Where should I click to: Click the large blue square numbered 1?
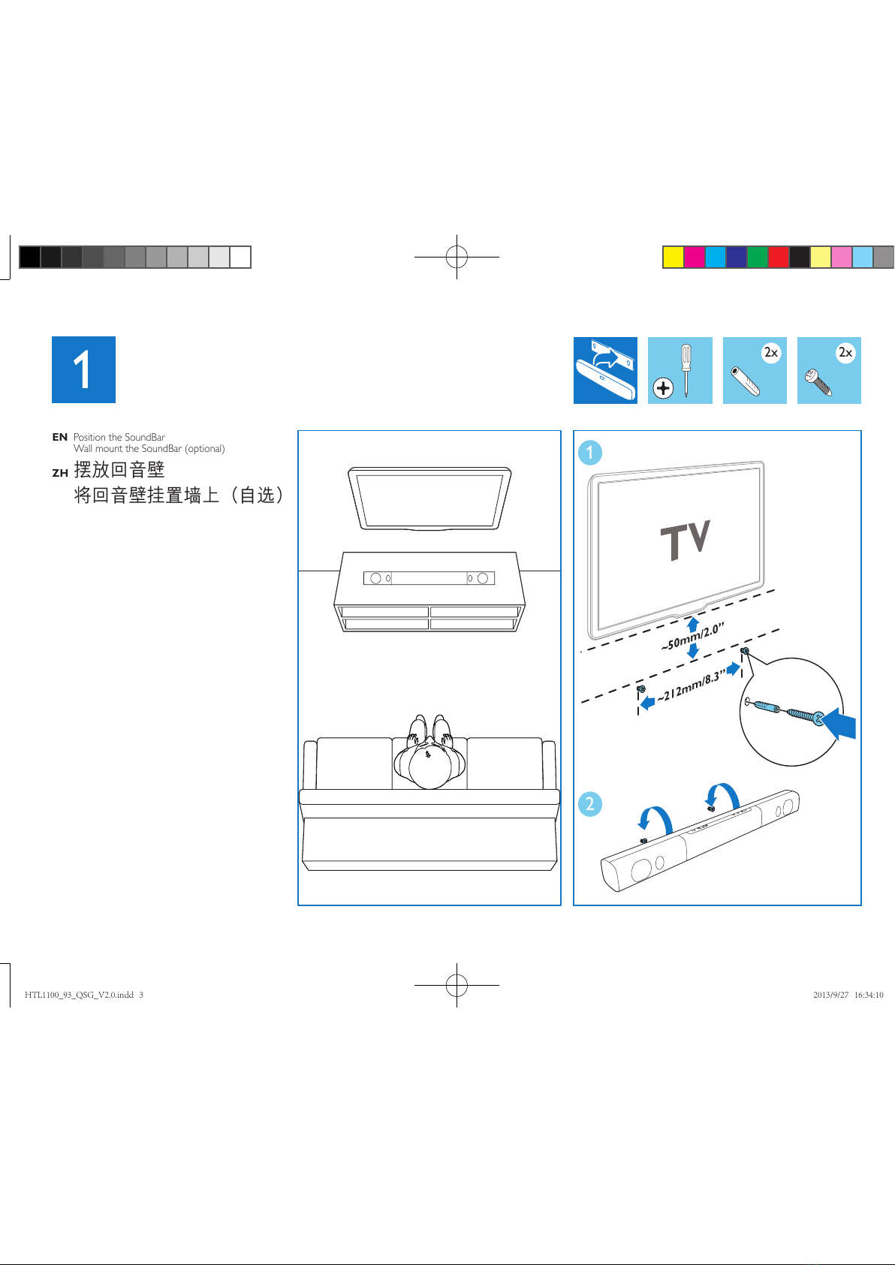[x=83, y=369]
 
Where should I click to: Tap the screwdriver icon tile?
[x=680, y=370]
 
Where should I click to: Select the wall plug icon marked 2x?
[x=755, y=370]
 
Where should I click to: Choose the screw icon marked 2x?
[x=829, y=370]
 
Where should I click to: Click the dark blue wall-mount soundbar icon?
[x=605, y=370]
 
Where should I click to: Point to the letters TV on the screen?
[x=686, y=540]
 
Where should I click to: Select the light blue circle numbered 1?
[x=590, y=453]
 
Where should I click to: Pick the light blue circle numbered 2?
[x=590, y=803]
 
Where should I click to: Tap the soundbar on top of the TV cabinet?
[x=429, y=578]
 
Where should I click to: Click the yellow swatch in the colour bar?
[x=673, y=257]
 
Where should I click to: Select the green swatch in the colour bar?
[x=757, y=257]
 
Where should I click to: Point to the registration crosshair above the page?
[x=457, y=257]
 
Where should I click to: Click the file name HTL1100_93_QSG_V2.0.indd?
[x=79, y=995]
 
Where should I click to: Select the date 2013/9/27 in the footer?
[x=830, y=995]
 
